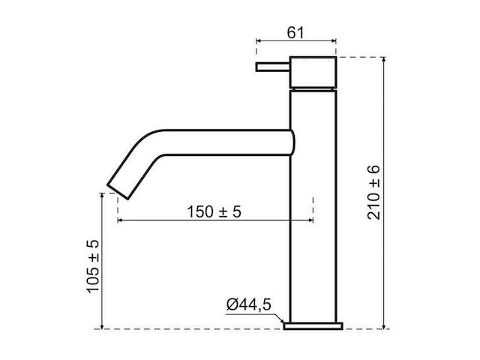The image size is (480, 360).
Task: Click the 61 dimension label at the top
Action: click(x=295, y=31)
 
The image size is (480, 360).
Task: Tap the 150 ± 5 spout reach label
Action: click(x=214, y=212)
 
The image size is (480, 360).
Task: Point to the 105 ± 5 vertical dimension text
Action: click(x=93, y=267)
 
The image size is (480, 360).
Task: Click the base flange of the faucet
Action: click(x=313, y=325)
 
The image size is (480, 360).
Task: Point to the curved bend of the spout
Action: click(x=142, y=146)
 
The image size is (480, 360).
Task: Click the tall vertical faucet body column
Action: click(x=313, y=225)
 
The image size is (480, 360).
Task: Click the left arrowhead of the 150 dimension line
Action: click(x=121, y=220)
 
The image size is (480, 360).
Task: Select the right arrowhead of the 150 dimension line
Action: click(x=309, y=220)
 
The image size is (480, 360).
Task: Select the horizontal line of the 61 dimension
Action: click(x=295, y=42)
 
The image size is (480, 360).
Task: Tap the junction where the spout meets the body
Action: click(x=291, y=142)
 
